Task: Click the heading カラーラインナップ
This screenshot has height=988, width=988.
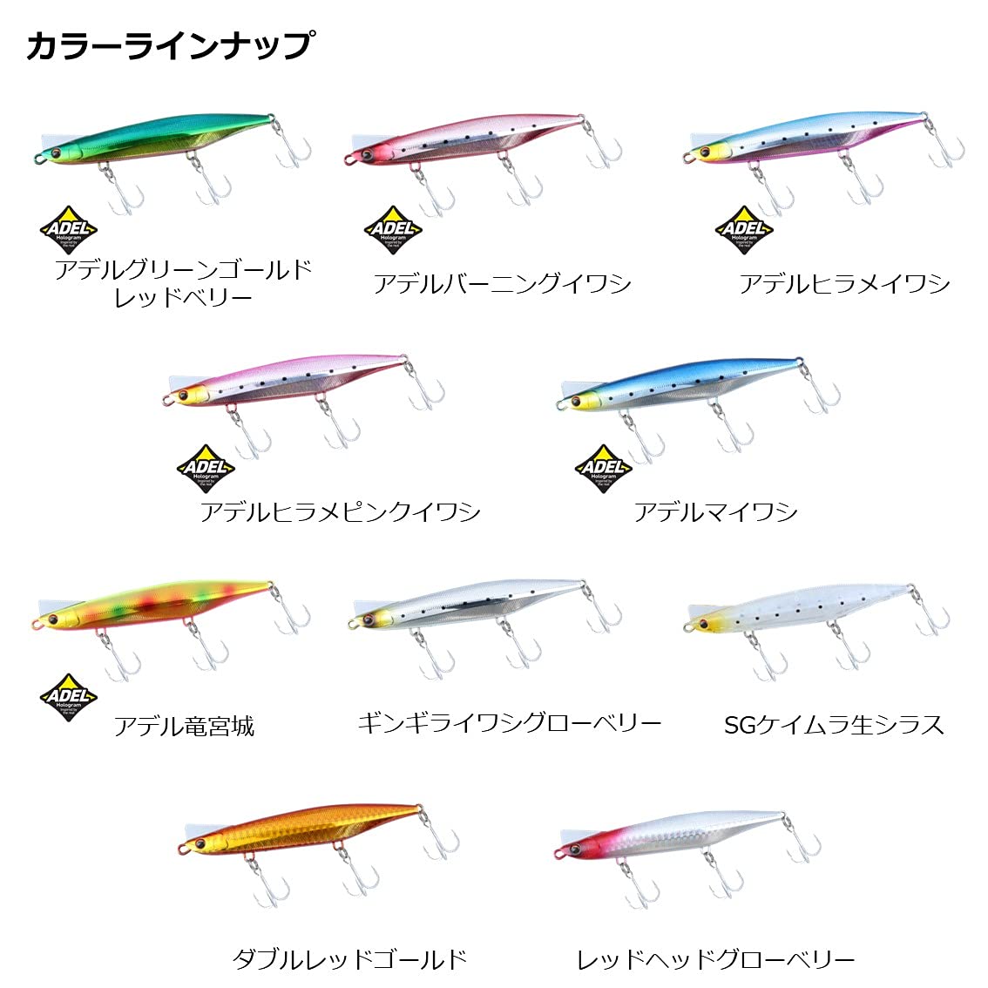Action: coord(169,45)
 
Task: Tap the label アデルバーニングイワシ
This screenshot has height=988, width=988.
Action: coord(502,284)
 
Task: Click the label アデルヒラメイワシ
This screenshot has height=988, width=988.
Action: coord(843,284)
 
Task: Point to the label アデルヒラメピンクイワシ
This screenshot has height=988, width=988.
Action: coord(340,511)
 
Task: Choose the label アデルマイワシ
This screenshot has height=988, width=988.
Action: coord(715,511)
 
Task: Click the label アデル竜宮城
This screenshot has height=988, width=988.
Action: coord(184,726)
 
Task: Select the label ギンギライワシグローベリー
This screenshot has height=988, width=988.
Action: coord(509,723)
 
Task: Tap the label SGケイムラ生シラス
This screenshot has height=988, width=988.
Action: coord(834,725)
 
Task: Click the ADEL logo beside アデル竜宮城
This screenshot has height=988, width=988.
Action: coord(69,698)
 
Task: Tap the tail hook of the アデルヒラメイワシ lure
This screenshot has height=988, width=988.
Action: coord(944,149)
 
